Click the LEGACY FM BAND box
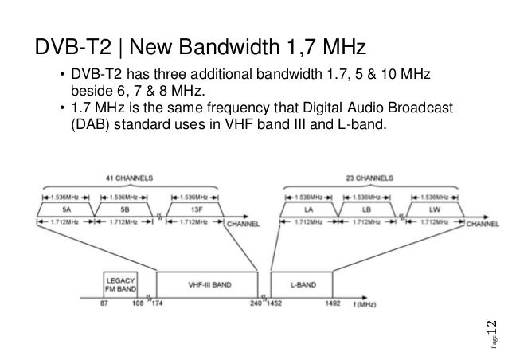[x=119, y=284]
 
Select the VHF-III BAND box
[x=207, y=284]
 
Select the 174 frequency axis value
[x=156, y=304]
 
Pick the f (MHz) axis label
[x=367, y=304]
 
